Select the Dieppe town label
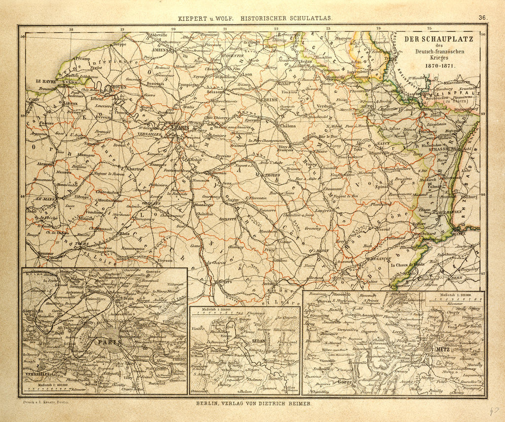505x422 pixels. point(120,44)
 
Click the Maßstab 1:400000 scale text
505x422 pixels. point(46,384)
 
